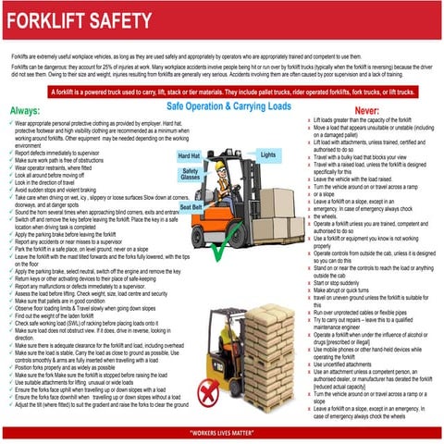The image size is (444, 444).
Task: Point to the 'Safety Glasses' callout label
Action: tap(190, 173)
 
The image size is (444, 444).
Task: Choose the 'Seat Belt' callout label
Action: tap(191, 208)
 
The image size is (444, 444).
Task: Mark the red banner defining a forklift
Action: tap(221, 92)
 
